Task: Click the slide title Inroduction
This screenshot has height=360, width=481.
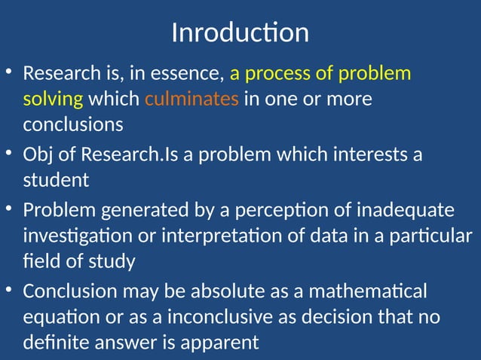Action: (240, 33)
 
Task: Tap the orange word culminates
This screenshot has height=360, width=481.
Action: (191, 99)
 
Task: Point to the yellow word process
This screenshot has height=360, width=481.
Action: (287, 74)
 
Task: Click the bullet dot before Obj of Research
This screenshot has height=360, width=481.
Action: (8, 154)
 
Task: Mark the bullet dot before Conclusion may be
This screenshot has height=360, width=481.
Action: (8, 289)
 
